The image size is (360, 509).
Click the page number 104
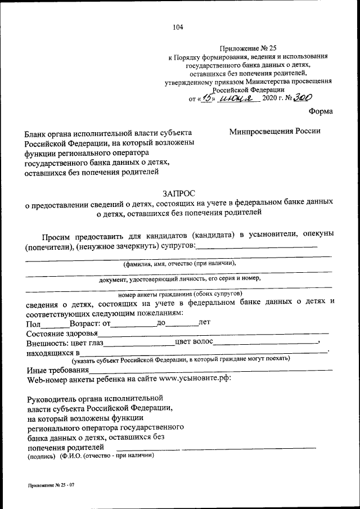coord(179,27)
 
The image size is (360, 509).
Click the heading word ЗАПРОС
coord(179,192)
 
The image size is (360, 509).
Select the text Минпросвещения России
coord(274,131)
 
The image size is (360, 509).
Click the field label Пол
coord(34,325)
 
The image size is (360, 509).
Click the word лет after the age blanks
coord(204,323)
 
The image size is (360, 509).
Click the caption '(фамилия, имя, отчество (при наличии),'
coord(179,263)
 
